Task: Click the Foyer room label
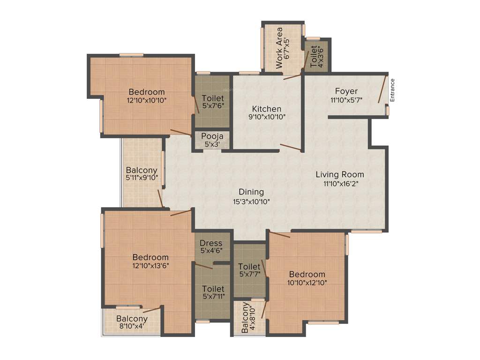(x=346, y=91)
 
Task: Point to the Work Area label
(x=279, y=48)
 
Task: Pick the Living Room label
(x=340, y=175)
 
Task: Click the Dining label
(x=251, y=192)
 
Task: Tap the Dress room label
(x=211, y=243)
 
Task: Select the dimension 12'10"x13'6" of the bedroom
(x=150, y=265)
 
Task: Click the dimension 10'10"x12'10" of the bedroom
(x=307, y=282)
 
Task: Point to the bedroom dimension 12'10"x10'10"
(x=147, y=100)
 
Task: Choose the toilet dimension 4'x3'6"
(x=321, y=57)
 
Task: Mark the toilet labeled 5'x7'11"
(x=213, y=292)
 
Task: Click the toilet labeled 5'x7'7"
(x=249, y=270)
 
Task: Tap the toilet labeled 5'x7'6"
(x=213, y=102)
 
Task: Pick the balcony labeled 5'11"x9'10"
(x=142, y=174)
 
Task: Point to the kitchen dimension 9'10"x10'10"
(x=267, y=117)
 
